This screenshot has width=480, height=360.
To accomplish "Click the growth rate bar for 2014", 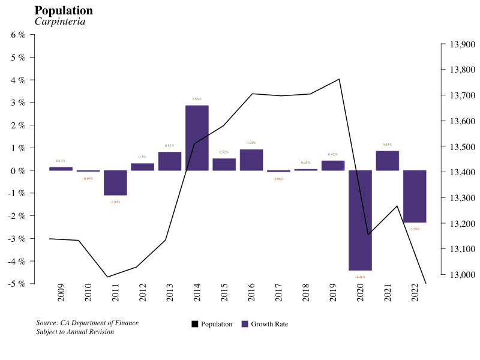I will click(197, 138).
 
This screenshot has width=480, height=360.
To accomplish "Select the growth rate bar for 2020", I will click(360, 220).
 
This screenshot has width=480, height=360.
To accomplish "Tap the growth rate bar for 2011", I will click(115, 183).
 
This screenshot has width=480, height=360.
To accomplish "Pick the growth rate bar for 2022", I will click(415, 196).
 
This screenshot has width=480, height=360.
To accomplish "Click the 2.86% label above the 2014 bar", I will click(197, 99).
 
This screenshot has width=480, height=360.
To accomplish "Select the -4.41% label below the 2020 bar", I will click(360, 277).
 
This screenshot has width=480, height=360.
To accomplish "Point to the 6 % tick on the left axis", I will click(19, 35).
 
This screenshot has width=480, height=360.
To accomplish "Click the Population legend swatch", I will click(195, 324).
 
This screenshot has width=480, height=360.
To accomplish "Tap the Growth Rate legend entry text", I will click(269, 324).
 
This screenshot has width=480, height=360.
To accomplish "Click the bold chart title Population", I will click(64, 11).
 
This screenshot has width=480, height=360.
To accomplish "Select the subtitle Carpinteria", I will click(60, 22).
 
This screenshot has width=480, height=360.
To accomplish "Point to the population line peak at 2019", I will click(339, 79).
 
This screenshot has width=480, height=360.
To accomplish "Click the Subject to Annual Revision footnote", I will click(75, 332).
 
